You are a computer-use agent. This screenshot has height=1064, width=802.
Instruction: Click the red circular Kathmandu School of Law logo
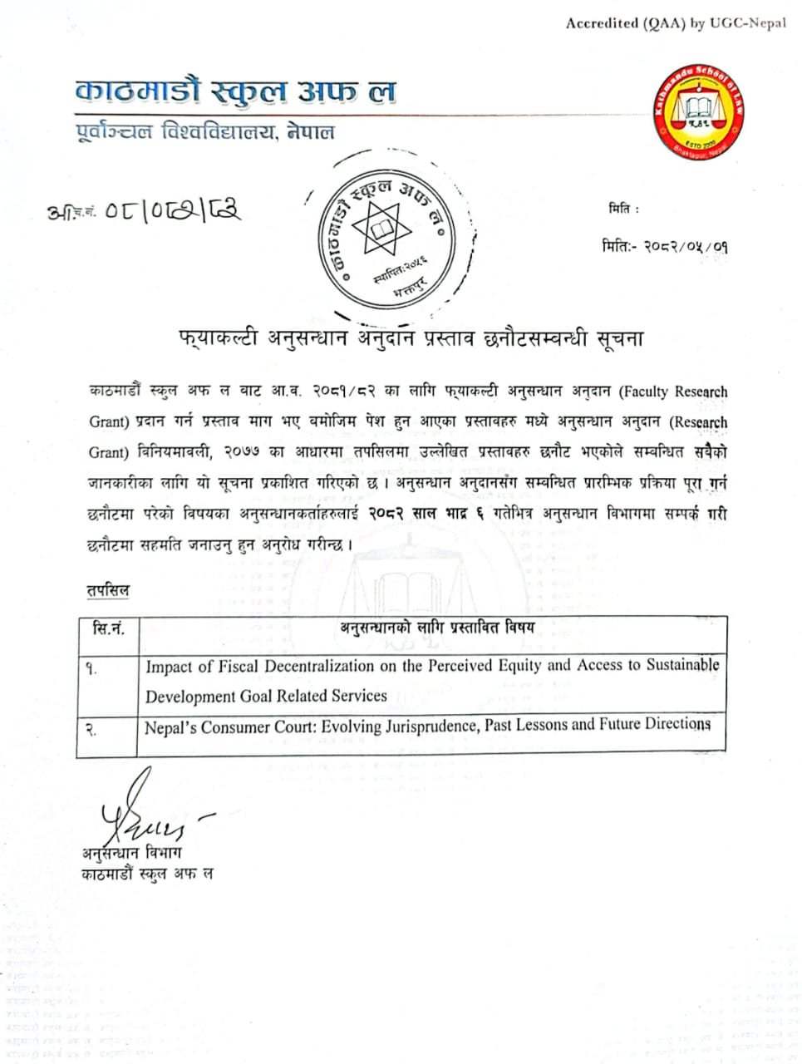pos(698,113)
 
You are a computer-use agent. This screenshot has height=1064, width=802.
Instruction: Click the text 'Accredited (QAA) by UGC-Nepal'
pos(676,23)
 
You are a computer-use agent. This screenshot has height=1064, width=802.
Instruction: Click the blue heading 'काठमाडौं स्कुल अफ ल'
pos(234,91)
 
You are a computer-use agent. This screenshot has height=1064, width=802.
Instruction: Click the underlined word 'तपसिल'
pos(108,590)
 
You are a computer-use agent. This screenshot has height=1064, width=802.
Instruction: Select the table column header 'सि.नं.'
pos(109,628)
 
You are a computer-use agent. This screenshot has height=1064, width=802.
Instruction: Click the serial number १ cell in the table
pos(91,668)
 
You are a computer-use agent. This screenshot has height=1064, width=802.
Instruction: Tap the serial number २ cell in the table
pos(91,731)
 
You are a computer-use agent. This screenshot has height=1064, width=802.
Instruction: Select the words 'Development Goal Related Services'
pos(266,696)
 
